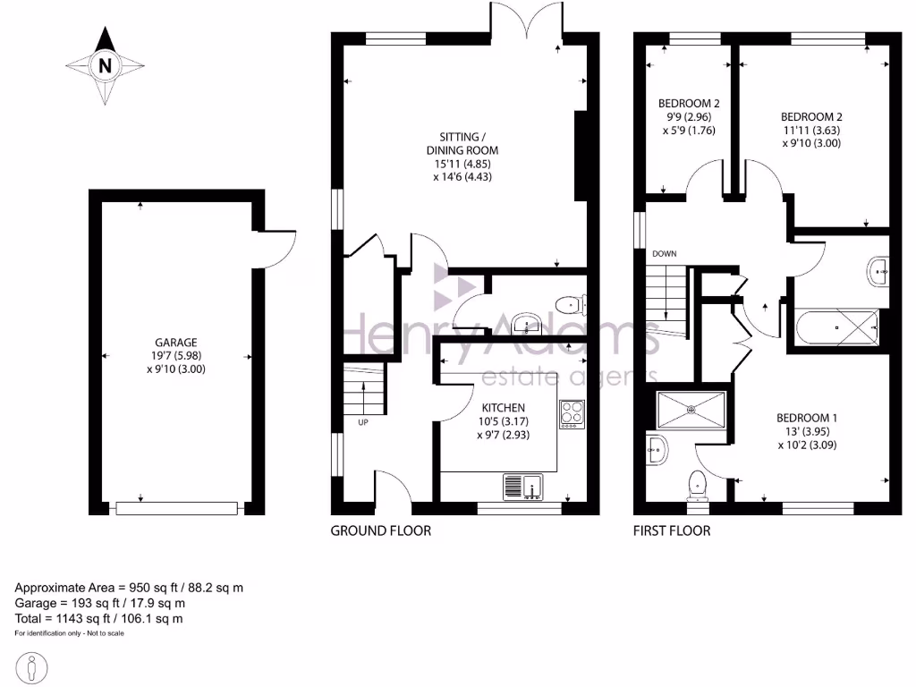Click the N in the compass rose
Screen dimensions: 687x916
point(106,65)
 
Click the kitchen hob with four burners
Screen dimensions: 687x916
point(572,412)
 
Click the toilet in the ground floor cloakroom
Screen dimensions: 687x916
point(568,306)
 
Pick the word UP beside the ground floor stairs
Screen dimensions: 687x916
point(363,422)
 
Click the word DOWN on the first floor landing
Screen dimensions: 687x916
point(664,254)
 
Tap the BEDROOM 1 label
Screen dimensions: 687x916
point(806,418)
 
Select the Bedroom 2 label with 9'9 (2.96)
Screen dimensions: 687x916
point(688,104)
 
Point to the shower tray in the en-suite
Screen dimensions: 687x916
point(691,410)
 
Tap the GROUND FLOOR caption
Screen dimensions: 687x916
point(380,530)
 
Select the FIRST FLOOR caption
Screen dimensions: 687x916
point(671,530)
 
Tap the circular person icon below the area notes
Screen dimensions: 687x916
point(33,666)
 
